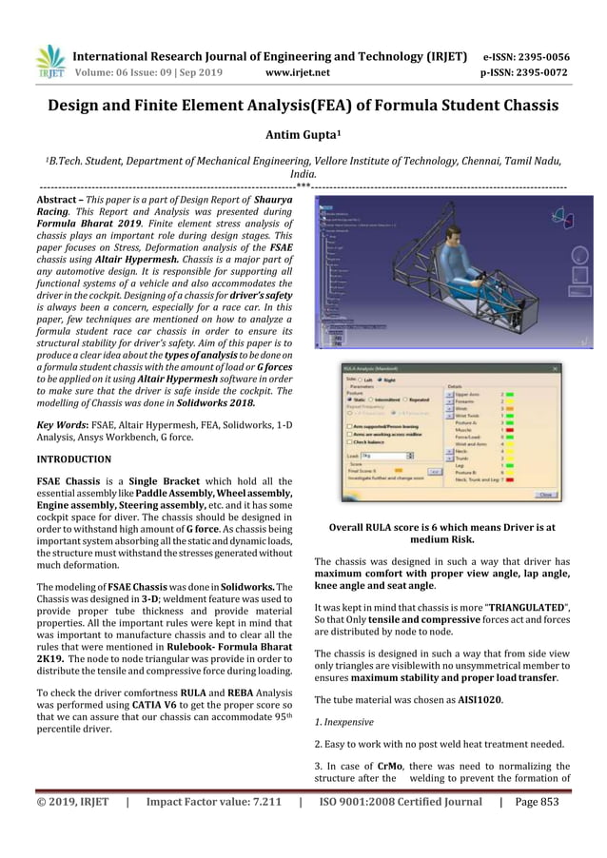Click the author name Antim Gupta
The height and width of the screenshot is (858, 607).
point(303,134)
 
